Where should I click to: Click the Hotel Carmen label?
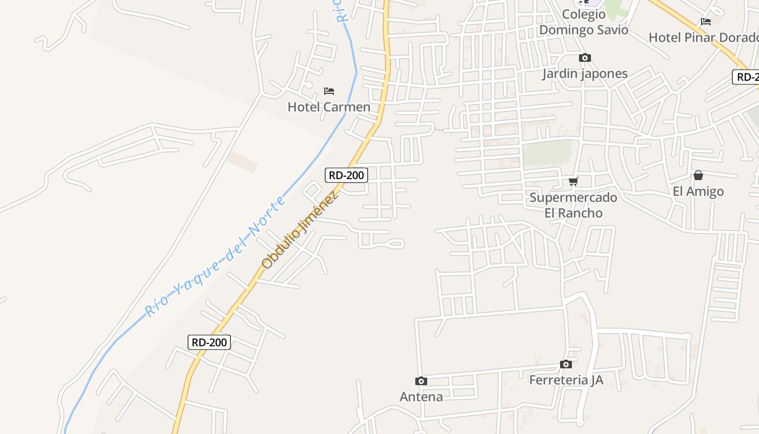tap(329, 107)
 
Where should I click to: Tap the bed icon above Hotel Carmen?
tap(329, 91)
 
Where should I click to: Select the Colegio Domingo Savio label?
tap(583, 22)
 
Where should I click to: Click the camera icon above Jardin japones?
tap(584, 58)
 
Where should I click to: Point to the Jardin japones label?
tap(584, 74)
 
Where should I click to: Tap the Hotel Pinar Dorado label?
tap(703, 37)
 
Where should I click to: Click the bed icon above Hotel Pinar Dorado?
tap(705, 22)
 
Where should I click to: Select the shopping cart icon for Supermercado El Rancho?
tap(573, 181)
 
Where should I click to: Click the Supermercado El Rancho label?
tap(573, 205)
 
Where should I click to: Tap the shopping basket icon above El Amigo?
tap(698, 175)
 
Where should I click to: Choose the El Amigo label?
tap(698, 192)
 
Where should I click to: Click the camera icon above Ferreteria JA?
tap(565, 364)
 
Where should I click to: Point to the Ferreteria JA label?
tap(565, 380)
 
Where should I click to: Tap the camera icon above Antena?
tap(421, 381)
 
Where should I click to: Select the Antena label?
tap(421, 397)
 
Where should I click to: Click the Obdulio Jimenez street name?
tap(300, 229)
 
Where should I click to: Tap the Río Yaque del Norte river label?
tap(215, 257)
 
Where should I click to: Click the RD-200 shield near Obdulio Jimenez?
tap(346, 175)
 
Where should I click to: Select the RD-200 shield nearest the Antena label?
tap(209, 342)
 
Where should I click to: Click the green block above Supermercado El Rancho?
tap(546, 153)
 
